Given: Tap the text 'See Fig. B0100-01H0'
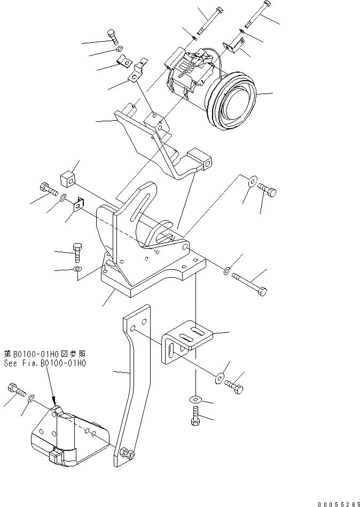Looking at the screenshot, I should click(46, 363).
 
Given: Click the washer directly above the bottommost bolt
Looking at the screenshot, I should click(196, 399).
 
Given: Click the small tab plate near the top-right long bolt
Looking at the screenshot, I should click(231, 46).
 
